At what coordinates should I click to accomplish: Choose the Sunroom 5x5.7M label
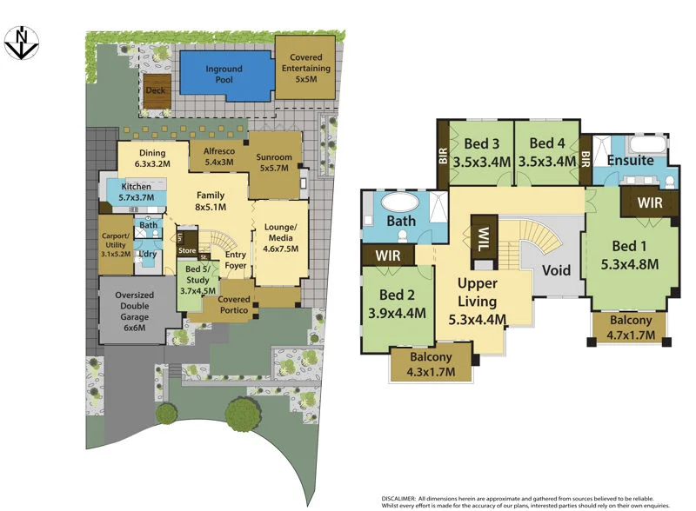(x=274, y=163)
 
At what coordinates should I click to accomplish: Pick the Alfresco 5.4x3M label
(x=218, y=156)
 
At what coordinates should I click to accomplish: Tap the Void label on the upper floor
(x=556, y=270)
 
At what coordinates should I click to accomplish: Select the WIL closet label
(x=483, y=236)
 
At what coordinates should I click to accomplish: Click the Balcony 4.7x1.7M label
(x=629, y=327)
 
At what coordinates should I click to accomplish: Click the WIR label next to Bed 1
(x=649, y=202)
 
